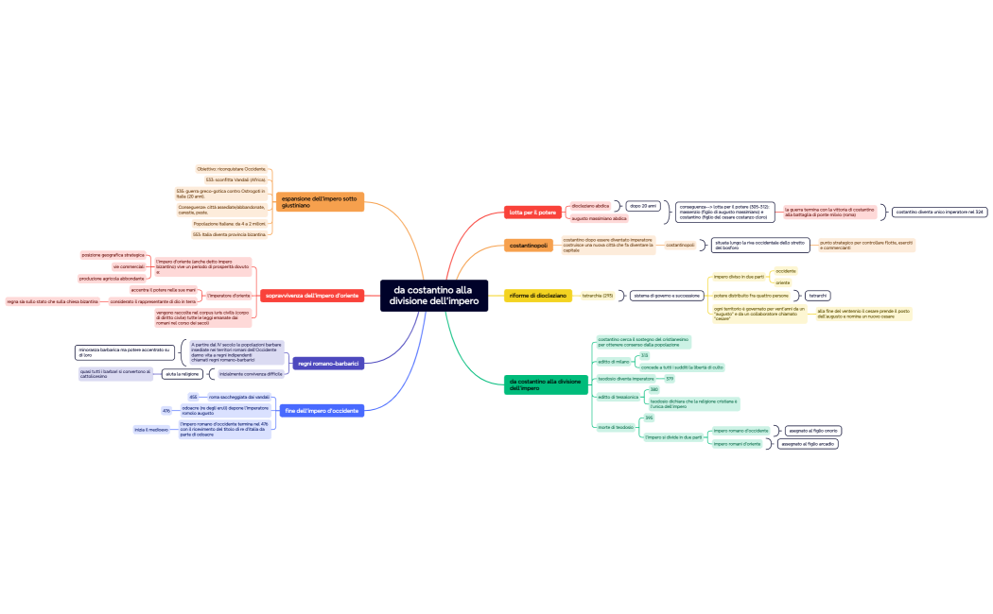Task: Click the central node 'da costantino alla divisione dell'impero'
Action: click(433, 295)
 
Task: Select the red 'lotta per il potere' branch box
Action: click(533, 212)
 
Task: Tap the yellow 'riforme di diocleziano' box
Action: click(538, 296)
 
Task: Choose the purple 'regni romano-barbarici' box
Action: click(328, 363)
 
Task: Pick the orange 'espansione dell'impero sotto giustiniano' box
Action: click(320, 201)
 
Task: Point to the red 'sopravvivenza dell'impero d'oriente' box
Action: click(311, 296)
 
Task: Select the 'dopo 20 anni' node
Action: click(643, 205)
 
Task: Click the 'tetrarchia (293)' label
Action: click(598, 296)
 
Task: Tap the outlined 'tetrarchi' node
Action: click(818, 296)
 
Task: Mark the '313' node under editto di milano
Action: click(644, 355)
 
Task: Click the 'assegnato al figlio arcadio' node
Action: click(807, 443)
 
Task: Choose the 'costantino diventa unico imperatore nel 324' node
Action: click(940, 212)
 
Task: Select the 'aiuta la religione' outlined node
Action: click(183, 374)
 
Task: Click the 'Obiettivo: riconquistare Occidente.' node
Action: click(232, 168)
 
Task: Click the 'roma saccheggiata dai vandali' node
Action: click(238, 397)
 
